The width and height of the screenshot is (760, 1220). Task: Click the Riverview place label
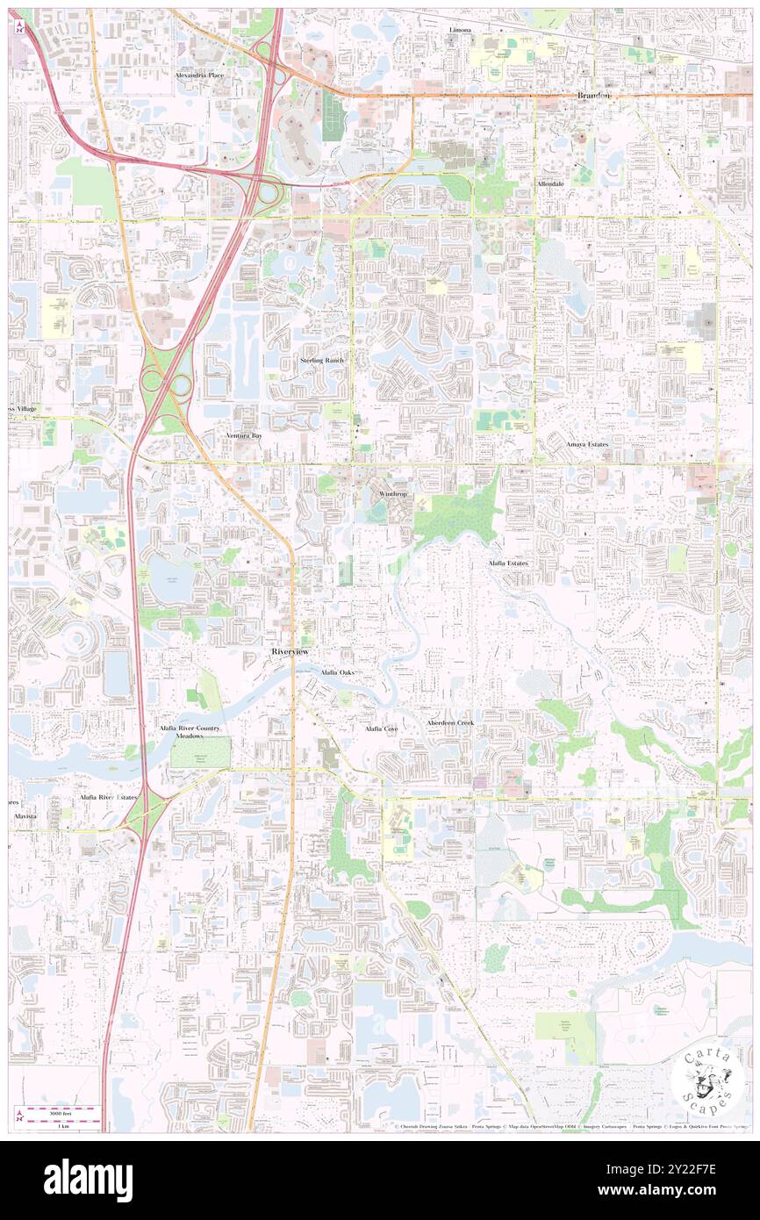tap(289, 653)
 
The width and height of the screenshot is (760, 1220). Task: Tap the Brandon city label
tap(593, 95)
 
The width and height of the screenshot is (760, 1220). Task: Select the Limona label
tap(460, 30)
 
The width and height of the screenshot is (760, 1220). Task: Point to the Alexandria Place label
tap(199, 76)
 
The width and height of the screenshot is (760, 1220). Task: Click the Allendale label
tap(555, 183)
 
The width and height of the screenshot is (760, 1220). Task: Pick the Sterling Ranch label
tap(322, 361)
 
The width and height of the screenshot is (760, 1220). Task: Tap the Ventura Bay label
tap(244, 435)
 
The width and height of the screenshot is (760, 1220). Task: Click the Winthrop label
tap(394, 494)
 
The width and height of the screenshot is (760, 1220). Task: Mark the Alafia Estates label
tap(508, 563)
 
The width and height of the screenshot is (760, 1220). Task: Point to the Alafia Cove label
tap(382, 729)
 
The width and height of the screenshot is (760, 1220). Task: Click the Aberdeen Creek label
tap(450, 722)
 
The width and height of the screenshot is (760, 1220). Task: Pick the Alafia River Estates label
tap(108, 797)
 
